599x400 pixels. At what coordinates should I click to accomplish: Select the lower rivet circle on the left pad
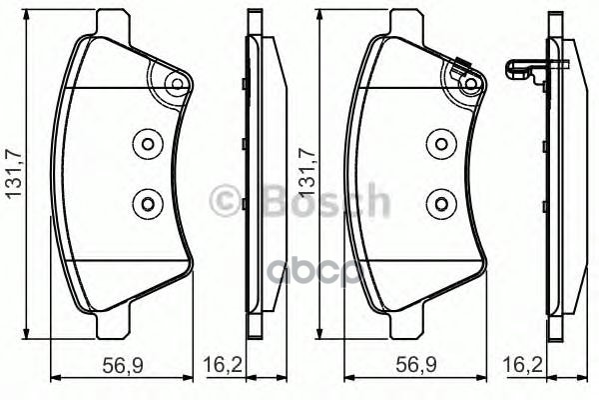tap(147, 204)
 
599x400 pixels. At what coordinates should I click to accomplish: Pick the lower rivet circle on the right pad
tap(438, 204)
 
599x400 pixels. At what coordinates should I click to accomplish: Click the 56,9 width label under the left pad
tap(121, 365)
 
